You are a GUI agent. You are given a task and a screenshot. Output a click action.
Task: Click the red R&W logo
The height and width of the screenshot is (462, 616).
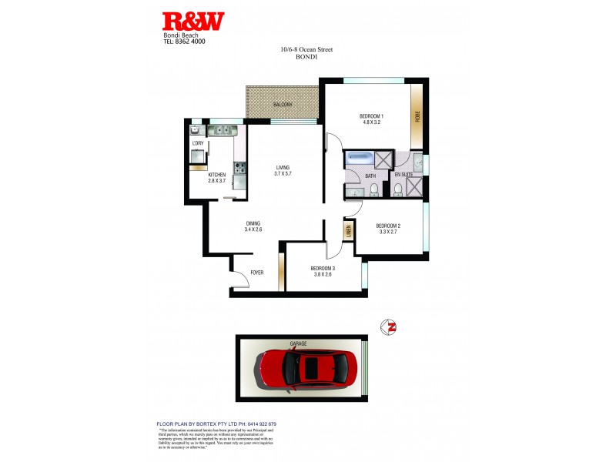click(193, 21)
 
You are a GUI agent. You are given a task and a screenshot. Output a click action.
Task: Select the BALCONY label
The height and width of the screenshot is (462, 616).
click(282, 105)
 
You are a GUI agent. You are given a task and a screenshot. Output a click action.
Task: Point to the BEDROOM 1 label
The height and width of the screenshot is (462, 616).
click(371, 116)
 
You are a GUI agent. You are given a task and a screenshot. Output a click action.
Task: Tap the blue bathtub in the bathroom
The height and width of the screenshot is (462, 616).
click(359, 159)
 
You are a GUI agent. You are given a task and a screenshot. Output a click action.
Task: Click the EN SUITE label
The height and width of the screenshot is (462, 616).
click(404, 176)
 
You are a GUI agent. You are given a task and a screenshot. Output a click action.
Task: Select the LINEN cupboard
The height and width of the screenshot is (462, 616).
click(348, 229)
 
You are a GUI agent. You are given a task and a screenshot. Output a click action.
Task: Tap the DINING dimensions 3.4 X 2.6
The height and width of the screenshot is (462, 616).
click(253, 229)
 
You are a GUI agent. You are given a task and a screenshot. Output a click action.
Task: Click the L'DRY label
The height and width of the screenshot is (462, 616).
click(197, 144)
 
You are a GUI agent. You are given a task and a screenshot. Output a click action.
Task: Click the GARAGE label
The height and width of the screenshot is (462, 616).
click(299, 343)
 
